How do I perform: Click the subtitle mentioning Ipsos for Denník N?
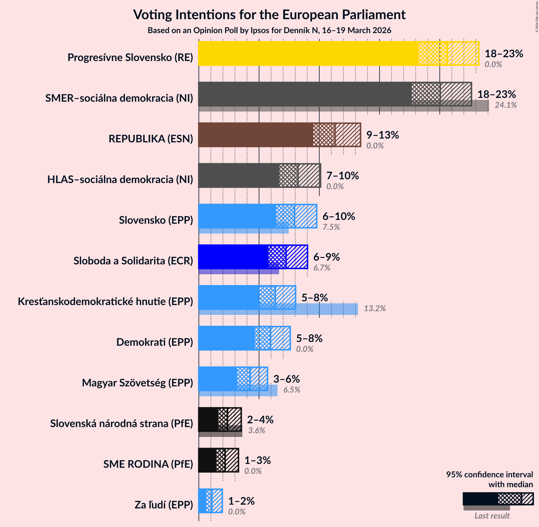(269, 31)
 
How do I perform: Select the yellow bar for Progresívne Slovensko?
(308, 53)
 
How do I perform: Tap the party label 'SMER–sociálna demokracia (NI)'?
(119, 98)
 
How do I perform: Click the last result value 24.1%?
(506, 105)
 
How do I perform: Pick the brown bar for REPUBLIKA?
(255, 135)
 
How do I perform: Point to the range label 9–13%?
(382, 135)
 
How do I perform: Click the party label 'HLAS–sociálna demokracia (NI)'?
(120, 180)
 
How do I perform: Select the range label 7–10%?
(342, 176)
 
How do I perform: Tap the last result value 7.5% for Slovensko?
(331, 227)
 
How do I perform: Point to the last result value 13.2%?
(375, 309)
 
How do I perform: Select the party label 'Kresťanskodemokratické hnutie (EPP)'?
(105, 302)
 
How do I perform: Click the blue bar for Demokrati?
(226, 338)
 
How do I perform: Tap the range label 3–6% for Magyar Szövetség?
(286, 379)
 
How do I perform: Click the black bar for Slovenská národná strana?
(208, 420)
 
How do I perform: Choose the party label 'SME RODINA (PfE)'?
(148, 464)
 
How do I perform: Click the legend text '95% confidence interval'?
(489, 475)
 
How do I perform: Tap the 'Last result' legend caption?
(492, 516)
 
